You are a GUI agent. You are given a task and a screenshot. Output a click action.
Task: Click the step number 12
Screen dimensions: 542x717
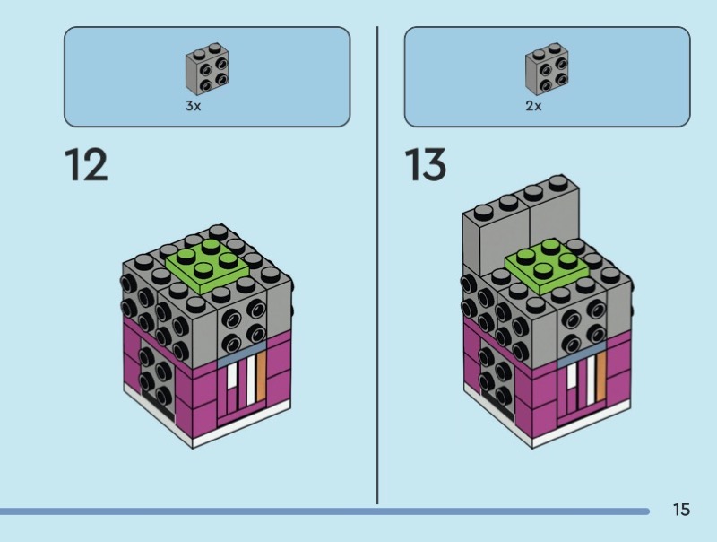(86, 166)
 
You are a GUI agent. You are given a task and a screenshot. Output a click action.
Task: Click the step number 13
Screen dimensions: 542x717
(426, 166)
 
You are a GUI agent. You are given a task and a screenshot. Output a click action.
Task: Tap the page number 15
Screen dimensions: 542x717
(681, 511)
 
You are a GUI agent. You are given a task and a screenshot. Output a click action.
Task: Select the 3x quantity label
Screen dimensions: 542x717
(193, 106)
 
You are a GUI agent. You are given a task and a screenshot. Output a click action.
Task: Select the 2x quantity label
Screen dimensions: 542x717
(533, 106)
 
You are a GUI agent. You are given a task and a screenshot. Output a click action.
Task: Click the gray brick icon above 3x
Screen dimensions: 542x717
(206, 71)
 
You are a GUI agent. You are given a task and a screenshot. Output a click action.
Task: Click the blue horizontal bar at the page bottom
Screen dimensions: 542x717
(323, 511)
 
